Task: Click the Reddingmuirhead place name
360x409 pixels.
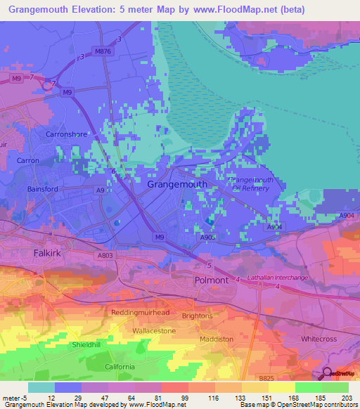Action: click(141, 311)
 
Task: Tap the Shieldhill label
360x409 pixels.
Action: click(91, 346)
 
